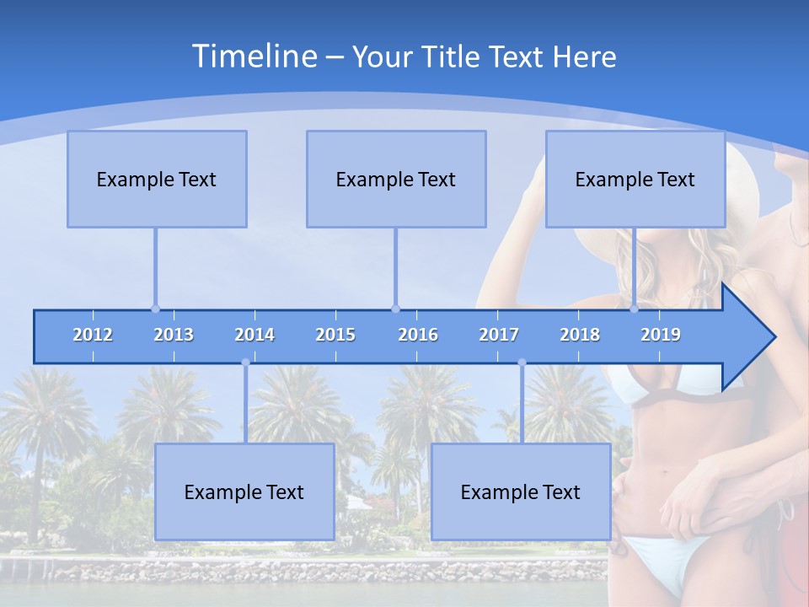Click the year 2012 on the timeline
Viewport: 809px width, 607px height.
click(x=93, y=335)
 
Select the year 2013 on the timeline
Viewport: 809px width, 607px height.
click(x=174, y=335)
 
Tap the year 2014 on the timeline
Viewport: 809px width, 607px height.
click(x=254, y=335)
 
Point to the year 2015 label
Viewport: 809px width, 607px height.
click(x=335, y=335)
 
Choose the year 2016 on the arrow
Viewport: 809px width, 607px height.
click(x=418, y=335)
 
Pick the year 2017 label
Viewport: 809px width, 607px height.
click(x=499, y=335)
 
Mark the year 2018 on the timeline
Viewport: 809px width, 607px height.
click(x=580, y=335)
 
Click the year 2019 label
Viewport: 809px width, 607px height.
click(x=661, y=335)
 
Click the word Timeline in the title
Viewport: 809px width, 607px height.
click(x=252, y=56)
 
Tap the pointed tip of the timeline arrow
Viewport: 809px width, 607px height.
click(x=773, y=337)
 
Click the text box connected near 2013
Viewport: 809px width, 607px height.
click(x=157, y=179)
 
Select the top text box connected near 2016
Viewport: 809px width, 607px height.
click(x=396, y=179)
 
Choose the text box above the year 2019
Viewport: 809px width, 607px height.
click(x=635, y=179)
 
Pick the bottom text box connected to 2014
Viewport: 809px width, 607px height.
click(x=244, y=492)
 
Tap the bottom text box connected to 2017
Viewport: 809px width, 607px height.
click(x=521, y=492)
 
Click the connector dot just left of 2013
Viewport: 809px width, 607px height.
click(x=155, y=309)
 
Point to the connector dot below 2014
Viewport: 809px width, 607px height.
click(x=245, y=363)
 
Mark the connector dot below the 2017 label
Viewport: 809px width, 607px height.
click(x=522, y=363)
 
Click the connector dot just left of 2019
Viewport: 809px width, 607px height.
click(x=634, y=309)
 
